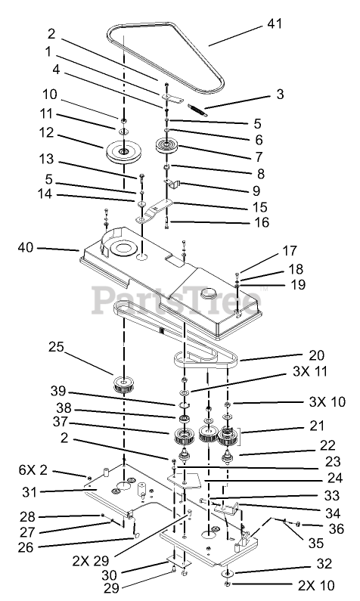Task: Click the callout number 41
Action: (x=274, y=23)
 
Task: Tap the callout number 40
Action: (x=26, y=248)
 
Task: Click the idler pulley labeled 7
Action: (x=166, y=147)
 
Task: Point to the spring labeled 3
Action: (x=197, y=109)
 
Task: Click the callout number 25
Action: (x=56, y=347)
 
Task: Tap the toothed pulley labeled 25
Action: (x=124, y=385)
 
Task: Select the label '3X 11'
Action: (x=310, y=371)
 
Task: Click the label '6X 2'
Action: (x=33, y=469)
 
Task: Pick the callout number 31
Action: (x=29, y=492)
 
